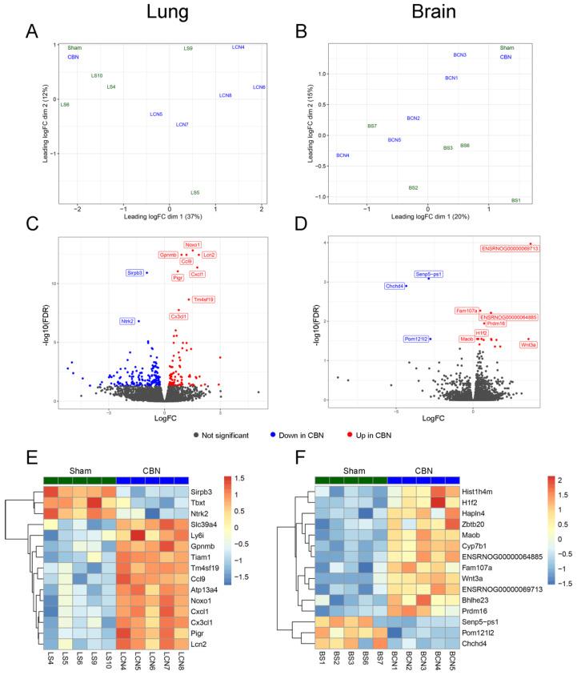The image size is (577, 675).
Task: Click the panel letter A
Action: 30,32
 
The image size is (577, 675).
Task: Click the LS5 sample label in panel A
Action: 195,193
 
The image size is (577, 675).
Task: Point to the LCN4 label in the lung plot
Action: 238,48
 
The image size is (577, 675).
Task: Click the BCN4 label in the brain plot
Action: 343,155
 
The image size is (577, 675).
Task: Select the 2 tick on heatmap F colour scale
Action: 560,482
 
